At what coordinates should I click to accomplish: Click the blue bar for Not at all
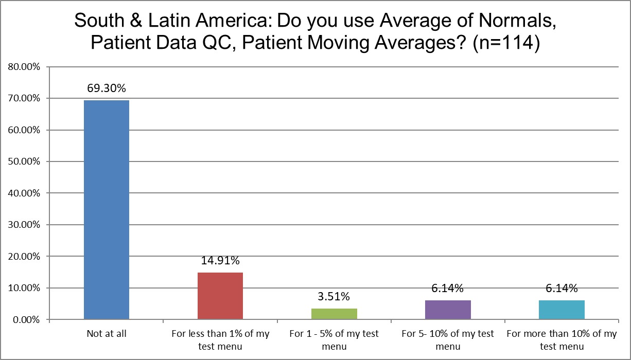(x=107, y=210)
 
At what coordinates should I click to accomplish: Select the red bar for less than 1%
(x=220, y=296)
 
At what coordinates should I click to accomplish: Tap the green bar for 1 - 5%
(x=334, y=314)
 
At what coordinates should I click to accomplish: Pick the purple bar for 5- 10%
(x=448, y=310)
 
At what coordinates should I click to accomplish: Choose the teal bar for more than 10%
(x=562, y=310)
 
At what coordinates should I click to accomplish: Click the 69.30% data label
(x=107, y=88)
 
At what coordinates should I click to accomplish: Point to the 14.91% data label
(x=220, y=261)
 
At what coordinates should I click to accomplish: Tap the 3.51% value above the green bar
(x=334, y=297)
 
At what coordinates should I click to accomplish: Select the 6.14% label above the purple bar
(x=448, y=289)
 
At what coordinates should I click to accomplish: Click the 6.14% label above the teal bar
(x=562, y=289)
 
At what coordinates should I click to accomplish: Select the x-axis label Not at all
(x=107, y=334)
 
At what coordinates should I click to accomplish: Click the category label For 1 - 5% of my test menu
(x=334, y=340)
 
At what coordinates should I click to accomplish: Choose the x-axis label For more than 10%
(x=562, y=340)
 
